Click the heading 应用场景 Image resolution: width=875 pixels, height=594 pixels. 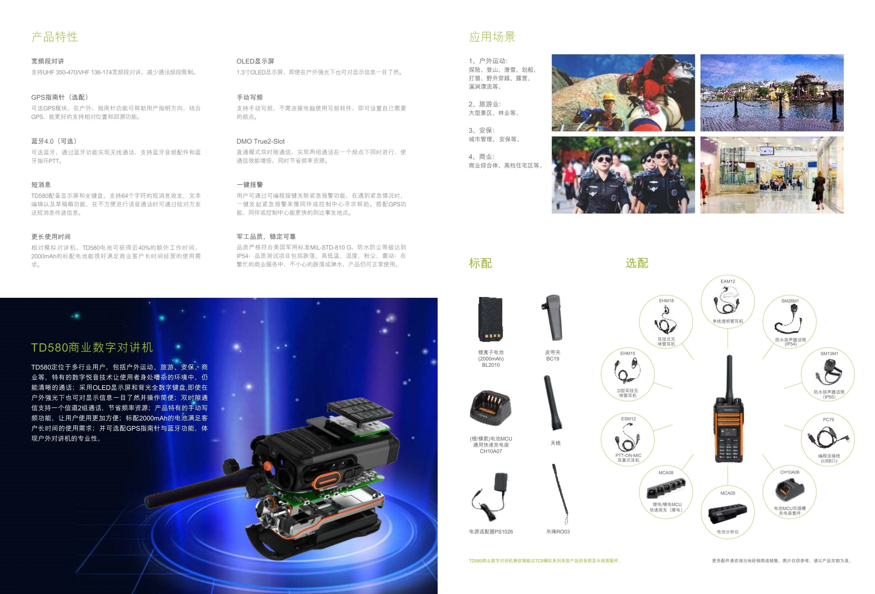492,37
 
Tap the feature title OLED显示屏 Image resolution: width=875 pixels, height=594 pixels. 255,61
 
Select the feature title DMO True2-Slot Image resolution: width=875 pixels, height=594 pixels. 261,142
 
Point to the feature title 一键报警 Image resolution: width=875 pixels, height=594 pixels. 250,184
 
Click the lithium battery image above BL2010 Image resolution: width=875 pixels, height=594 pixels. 491,319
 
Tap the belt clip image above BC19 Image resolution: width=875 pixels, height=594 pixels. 552,318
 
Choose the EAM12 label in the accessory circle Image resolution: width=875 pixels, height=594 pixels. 728,281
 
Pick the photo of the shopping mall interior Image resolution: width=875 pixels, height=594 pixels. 772,175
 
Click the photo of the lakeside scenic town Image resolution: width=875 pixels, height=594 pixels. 772,93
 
